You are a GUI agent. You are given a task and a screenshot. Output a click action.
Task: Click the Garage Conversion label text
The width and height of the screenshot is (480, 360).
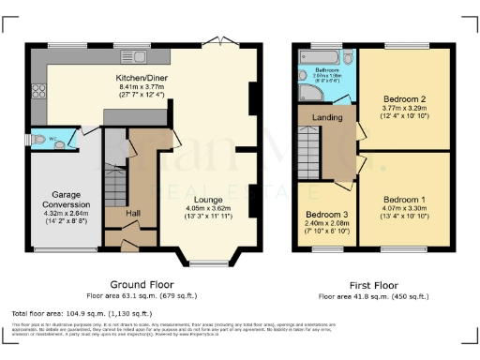(x=59, y=200)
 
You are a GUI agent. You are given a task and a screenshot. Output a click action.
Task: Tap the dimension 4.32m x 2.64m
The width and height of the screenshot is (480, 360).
(x=59, y=213)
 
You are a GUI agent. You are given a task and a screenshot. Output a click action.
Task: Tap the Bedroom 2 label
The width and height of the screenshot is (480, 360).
(x=404, y=98)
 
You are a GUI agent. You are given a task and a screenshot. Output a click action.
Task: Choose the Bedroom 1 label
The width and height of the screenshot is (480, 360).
(x=404, y=201)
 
